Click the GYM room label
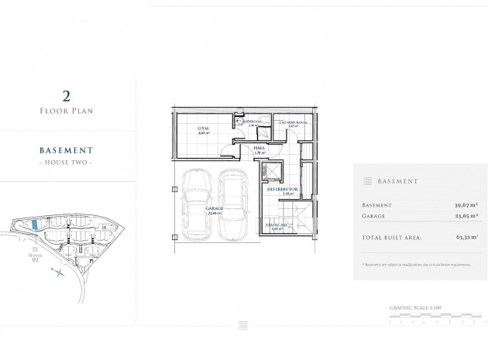point(204,128)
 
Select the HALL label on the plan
point(259,148)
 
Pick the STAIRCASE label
point(277,225)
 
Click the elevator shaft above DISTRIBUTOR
point(276,173)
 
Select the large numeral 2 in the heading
point(67,96)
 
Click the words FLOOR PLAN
point(67,111)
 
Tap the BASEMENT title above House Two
point(67,150)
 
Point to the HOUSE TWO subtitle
point(67,163)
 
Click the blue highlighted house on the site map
point(35,224)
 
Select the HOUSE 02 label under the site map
point(34,257)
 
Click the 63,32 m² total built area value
point(465,238)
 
